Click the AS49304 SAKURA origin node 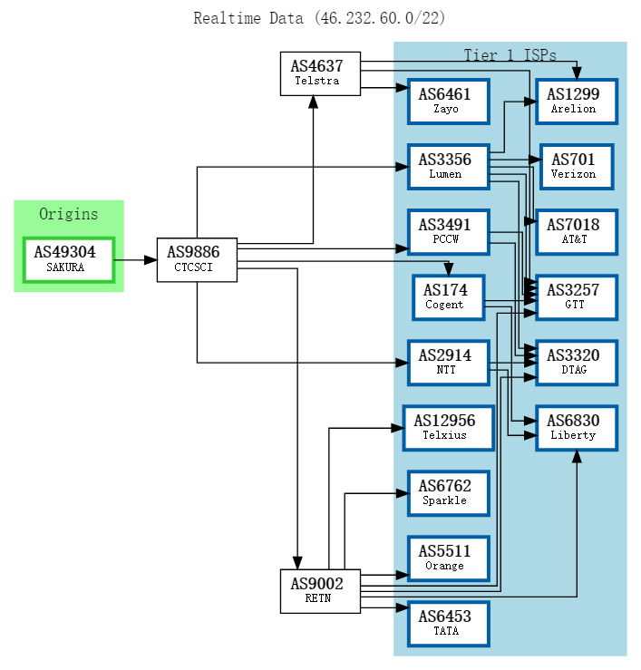click(68, 259)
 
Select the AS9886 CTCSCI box click(197, 259)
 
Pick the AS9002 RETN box click(320, 590)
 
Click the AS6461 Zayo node click(448, 102)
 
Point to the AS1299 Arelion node click(576, 102)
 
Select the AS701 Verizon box click(576, 167)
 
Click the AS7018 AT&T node click(576, 232)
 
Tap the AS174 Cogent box click(448, 297)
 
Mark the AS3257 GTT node click(576, 297)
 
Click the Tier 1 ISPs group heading click(510, 55)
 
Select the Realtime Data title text click(319, 18)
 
